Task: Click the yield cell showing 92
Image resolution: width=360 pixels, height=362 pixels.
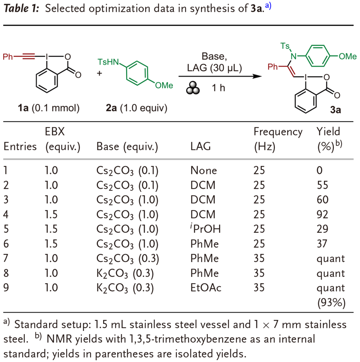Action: point(322,214)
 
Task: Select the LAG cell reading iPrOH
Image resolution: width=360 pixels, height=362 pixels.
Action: point(205,229)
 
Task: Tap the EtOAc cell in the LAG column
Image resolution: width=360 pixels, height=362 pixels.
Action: point(205,288)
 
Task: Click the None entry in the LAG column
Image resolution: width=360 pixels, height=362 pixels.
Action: point(204,170)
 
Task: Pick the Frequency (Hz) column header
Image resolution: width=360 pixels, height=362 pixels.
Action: point(278,139)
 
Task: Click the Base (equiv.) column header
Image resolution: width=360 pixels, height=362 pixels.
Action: point(127,147)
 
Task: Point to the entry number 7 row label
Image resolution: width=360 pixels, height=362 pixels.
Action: point(6,258)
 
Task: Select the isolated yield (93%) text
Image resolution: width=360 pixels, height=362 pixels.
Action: point(331,303)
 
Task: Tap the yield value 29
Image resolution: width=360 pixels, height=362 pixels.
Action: point(322,229)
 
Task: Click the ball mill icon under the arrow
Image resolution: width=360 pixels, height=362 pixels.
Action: point(193,88)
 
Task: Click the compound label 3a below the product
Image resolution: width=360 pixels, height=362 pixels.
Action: point(336,110)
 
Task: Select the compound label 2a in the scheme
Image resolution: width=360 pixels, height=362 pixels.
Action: point(111,108)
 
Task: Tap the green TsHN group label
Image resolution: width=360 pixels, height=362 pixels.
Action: point(108,62)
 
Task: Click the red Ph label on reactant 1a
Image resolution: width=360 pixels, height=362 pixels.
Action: point(8,57)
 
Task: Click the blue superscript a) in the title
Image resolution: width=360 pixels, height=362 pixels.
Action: point(268,6)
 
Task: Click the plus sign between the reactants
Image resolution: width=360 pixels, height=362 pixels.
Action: point(100,73)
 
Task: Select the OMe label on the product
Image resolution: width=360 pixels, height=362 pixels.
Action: point(347,56)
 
